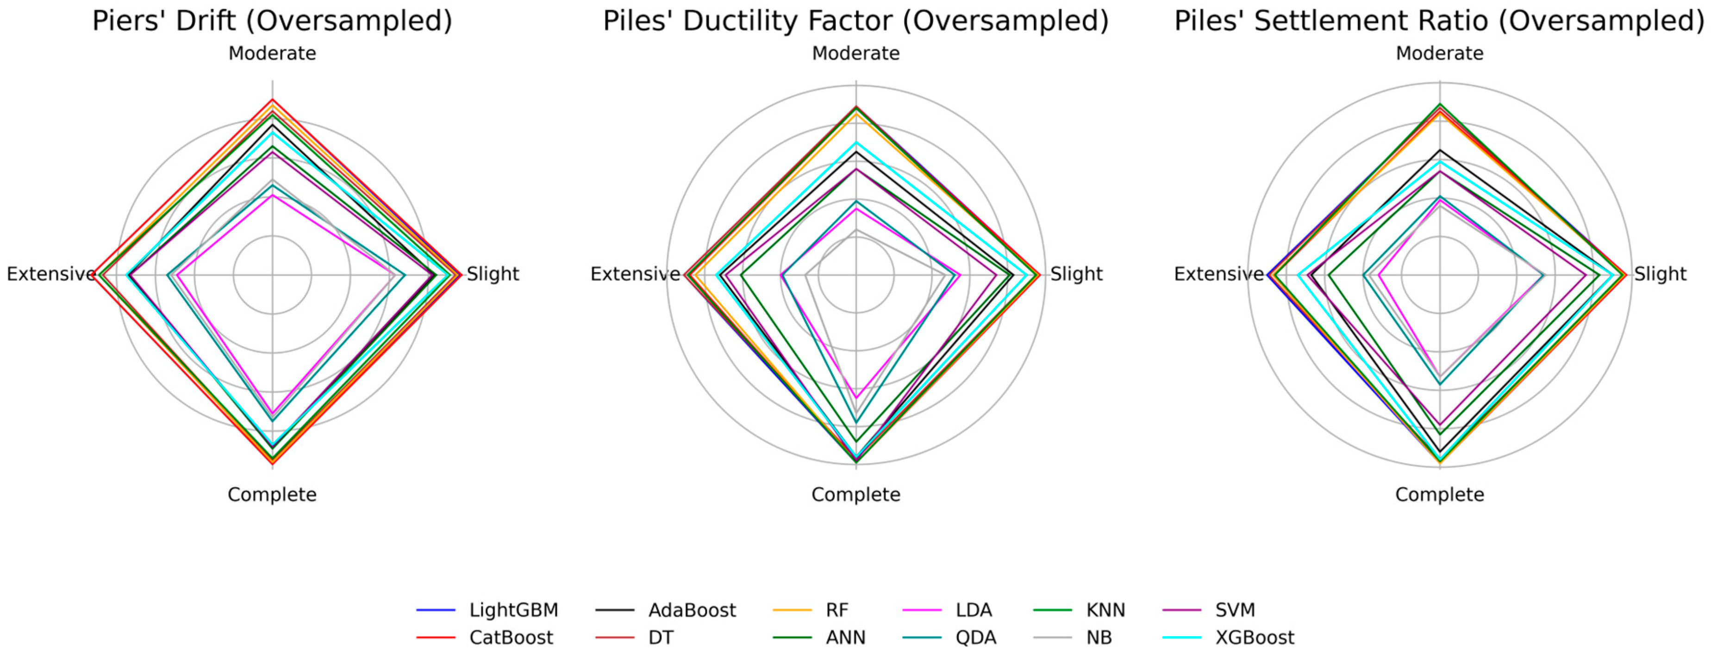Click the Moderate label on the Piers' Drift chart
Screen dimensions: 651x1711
point(272,53)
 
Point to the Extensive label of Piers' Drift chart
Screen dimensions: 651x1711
point(50,273)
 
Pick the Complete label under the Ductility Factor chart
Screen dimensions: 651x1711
point(855,494)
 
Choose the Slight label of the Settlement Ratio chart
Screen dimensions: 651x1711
point(1660,273)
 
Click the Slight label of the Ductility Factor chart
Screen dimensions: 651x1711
point(1076,273)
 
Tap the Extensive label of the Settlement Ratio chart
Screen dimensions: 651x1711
point(1218,273)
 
